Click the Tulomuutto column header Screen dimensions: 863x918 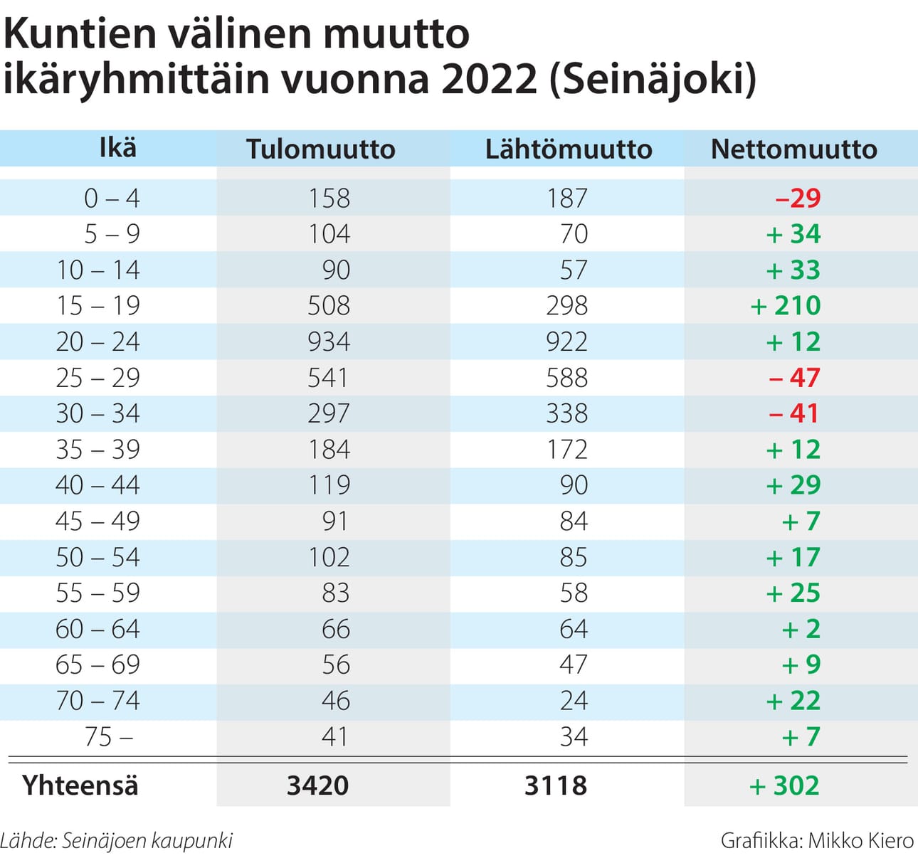(x=320, y=149)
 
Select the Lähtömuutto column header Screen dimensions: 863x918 (x=568, y=149)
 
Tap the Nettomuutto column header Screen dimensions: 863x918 (x=793, y=149)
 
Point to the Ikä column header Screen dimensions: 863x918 (x=117, y=148)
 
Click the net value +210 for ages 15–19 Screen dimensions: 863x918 (x=786, y=306)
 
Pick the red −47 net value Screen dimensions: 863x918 (x=794, y=378)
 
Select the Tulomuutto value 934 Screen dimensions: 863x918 (x=329, y=342)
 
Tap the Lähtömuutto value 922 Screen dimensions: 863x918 (x=566, y=342)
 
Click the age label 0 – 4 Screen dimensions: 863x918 (x=112, y=198)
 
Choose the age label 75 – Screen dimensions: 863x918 (x=108, y=737)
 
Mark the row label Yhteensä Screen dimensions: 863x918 (x=80, y=785)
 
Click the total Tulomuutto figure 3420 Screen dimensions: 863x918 (x=317, y=785)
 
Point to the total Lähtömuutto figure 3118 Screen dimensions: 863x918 (x=556, y=785)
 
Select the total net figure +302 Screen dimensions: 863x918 (x=784, y=785)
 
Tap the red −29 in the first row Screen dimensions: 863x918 (x=798, y=198)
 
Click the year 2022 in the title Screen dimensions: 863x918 (x=489, y=78)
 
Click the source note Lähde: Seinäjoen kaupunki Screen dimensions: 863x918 (x=117, y=841)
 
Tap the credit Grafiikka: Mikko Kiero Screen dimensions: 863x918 (x=817, y=841)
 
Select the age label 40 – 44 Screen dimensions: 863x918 (x=97, y=485)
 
